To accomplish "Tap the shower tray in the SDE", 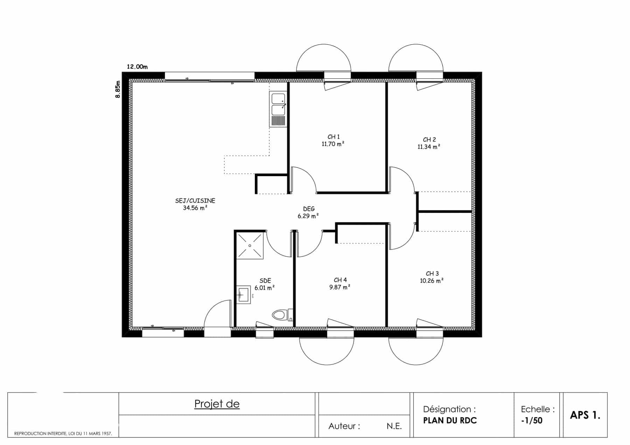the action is click(x=250, y=246).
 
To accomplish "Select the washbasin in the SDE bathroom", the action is click(x=244, y=295).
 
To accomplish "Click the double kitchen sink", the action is click(x=278, y=109).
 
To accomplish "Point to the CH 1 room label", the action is click(x=334, y=137).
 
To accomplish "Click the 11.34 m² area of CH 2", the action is click(x=429, y=147).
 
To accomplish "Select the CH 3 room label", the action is click(x=432, y=274).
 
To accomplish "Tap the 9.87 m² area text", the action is click(x=340, y=287).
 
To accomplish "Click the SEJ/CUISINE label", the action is click(x=195, y=201).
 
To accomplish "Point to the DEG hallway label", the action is click(x=309, y=209).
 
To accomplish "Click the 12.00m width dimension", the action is click(x=137, y=67).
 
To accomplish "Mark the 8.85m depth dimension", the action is click(x=118, y=89).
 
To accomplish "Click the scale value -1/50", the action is click(x=532, y=421).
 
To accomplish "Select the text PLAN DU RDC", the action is click(x=450, y=421).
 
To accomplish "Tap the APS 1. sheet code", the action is click(x=585, y=415).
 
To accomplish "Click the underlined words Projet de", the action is click(x=217, y=404).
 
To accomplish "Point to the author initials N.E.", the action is click(x=394, y=426).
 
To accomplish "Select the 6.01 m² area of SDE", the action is click(x=265, y=288).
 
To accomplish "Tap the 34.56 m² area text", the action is click(x=195, y=208).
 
